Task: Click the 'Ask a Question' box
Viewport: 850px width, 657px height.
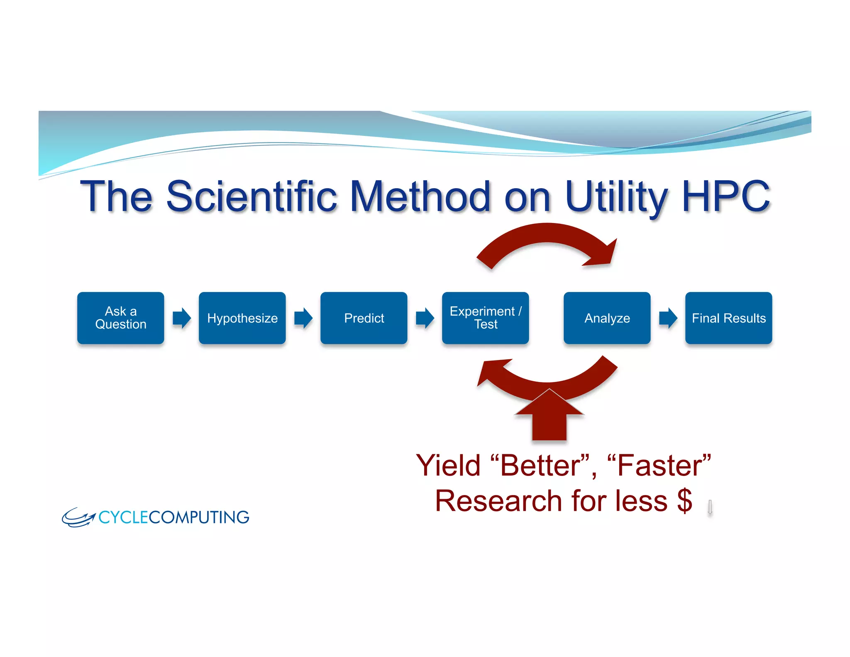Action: coord(120,318)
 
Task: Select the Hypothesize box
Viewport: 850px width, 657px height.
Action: coord(242,318)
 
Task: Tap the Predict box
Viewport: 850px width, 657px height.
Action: coord(364,318)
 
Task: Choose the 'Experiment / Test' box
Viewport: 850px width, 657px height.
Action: coord(485,318)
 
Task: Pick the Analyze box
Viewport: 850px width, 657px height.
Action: coord(607,318)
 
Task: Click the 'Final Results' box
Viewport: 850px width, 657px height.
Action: coord(728,318)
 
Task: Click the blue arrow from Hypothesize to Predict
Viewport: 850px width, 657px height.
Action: coord(303,318)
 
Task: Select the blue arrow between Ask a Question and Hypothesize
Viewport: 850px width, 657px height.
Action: coord(181,318)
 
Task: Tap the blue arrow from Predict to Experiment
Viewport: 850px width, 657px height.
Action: coord(425,318)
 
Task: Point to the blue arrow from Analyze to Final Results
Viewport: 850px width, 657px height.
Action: coord(668,318)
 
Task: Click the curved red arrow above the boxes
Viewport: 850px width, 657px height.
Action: coord(548,239)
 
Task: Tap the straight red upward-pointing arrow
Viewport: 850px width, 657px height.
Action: coord(549,419)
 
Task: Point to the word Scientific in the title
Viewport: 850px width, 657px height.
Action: coord(251,196)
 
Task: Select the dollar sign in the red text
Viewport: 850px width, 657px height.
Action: coord(684,501)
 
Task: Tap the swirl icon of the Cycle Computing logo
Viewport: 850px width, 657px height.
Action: coord(78,517)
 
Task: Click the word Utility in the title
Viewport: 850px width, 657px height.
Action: coord(616,196)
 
